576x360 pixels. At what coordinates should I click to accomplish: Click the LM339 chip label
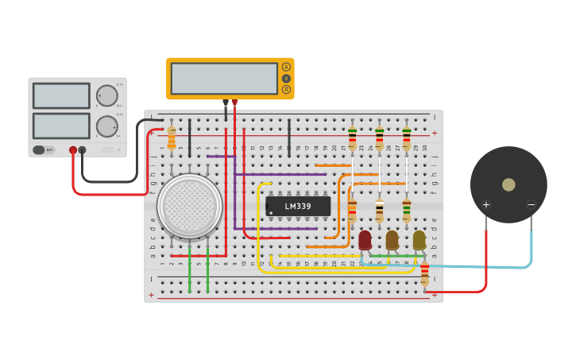point(298,207)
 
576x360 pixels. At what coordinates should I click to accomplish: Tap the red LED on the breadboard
point(365,239)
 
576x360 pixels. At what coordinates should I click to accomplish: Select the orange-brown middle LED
point(392,239)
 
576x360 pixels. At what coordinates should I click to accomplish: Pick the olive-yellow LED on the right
point(419,239)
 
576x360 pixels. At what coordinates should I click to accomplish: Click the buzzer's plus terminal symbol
point(486,205)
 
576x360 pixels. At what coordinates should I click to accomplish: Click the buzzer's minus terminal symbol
point(531,205)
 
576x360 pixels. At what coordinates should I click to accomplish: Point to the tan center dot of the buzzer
point(508,184)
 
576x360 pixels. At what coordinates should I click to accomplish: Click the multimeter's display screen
point(224,78)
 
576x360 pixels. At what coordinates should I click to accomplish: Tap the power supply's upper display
point(61,96)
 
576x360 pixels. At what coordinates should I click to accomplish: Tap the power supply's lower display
point(61,126)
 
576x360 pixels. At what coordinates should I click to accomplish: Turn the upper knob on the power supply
point(106,96)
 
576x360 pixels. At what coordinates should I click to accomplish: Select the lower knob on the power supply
point(106,126)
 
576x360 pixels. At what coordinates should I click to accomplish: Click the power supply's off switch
point(44,149)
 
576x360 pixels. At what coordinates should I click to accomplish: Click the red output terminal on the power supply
point(73,149)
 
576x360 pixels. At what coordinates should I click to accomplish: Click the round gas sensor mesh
point(190,205)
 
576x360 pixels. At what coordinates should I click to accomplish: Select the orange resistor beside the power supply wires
point(172,139)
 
